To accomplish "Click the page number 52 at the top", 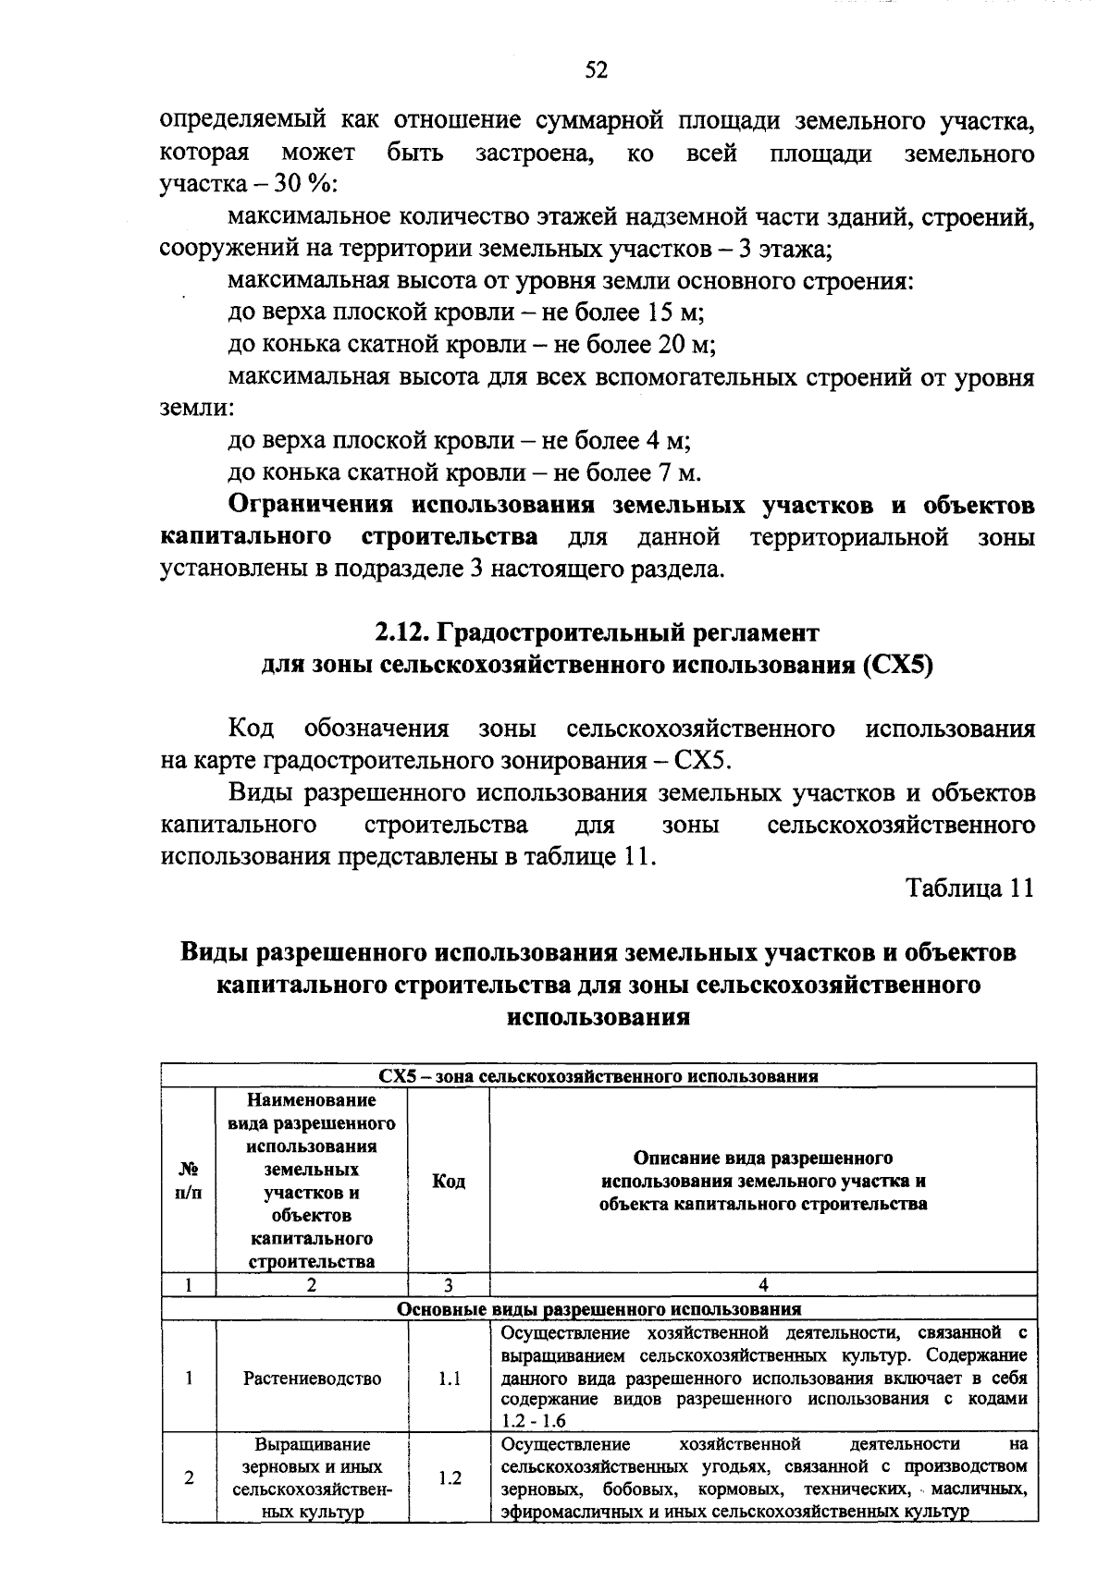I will coord(596,70).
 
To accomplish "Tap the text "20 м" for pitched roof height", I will coord(689,345).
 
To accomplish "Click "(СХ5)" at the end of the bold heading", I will coord(895,666).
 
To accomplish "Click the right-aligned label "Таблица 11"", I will coord(969,889).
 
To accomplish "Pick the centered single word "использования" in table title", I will coord(598,1017).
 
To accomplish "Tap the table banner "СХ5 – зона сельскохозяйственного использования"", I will coord(598,1076).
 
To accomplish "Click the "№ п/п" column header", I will coord(189,1181).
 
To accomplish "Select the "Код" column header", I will coord(449,1182).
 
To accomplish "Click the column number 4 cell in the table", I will coord(763,1284).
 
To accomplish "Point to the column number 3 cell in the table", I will coord(449,1284).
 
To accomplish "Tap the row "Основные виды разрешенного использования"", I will coord(598,1309).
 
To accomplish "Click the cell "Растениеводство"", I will coord(312,1379).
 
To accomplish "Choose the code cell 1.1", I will coord(450,1379).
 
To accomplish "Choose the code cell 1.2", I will coord(450,1478).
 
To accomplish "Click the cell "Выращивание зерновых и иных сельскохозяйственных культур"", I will coord(312,1478).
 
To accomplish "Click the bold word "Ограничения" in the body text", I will coord(310,506).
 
